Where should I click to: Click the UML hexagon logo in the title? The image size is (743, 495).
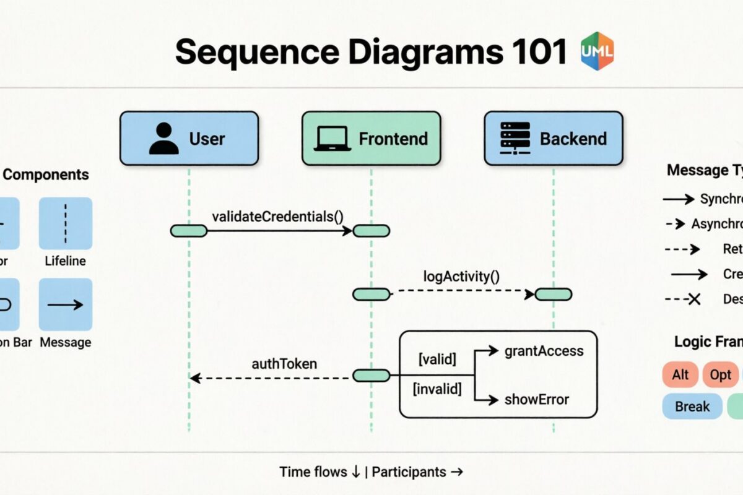pos(597,51)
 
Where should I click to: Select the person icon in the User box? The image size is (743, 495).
pos(163,139)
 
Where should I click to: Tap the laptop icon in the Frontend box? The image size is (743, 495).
pos(332,139)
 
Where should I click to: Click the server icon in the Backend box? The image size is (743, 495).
pos(515,138)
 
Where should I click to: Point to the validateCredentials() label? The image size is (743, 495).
pos(277,217)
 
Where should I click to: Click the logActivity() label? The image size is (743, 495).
pos(461,275)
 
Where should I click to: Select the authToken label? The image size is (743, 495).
pos(284,364)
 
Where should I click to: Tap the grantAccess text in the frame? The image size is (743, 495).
pos(544,351)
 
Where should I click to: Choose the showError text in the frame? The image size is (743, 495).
pos(536,399)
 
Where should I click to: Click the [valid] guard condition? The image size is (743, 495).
pos(437,359)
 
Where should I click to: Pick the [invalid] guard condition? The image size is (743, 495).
pos(437,389)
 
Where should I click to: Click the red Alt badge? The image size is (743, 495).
pos(680,375)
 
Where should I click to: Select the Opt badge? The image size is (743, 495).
pos(720,375)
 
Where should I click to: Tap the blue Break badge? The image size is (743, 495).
pos(692,407)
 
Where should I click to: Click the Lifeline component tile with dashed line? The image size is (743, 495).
pos(66,223)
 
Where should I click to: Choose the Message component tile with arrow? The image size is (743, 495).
pos(66,304)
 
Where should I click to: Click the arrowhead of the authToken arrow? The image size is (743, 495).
pos(194,377)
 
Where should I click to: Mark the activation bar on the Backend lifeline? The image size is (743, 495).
pos(554,295)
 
